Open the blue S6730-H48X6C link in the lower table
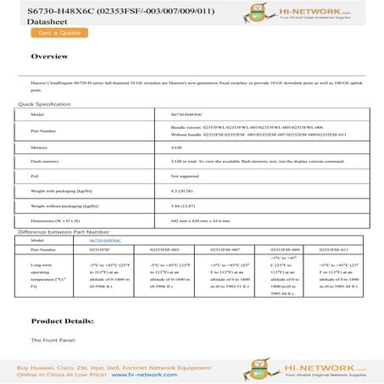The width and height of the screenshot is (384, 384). click(x=104, y=241)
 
